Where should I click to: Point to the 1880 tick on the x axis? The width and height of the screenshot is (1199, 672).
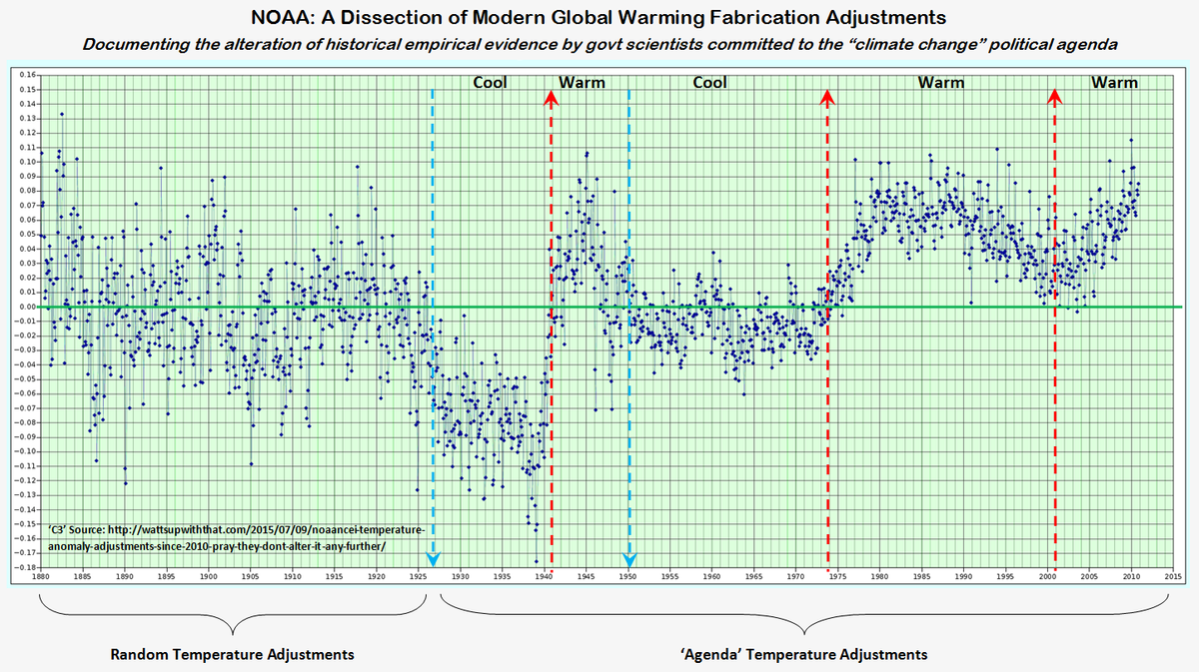click(40, 577)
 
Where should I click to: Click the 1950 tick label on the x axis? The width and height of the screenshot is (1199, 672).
click(627, 577)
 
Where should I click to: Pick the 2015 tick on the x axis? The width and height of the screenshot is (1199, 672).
click(1173, 577)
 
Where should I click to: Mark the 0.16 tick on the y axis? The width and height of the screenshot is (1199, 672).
click(27, 75)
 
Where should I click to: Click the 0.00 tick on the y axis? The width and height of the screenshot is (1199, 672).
click(27, 307)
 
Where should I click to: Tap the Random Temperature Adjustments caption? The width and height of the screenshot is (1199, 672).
click(231, 655)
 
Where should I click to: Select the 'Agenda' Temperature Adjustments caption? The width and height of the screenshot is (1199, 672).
click(798, 655)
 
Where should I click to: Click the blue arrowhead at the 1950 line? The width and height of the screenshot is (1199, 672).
click(628, 559)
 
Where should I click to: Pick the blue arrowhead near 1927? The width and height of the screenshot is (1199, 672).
click(432, 559)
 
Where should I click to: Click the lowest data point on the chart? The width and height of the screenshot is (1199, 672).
click(536, 561)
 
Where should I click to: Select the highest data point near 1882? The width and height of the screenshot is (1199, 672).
click(62, 114)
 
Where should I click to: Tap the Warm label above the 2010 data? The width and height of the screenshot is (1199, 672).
click(1114, 83)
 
